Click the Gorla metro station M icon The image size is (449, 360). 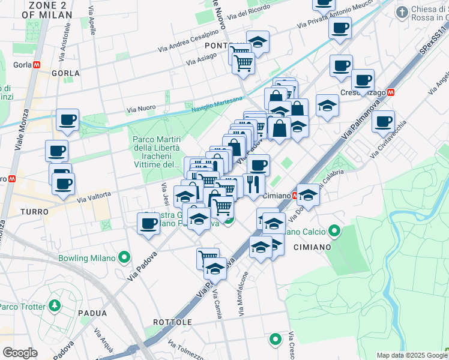37,64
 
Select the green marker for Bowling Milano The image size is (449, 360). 124,258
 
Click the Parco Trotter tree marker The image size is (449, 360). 55,305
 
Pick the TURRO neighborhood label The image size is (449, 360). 34,212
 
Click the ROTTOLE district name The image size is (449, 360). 172,322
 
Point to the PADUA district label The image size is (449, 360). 92,313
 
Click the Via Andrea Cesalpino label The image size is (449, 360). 188,40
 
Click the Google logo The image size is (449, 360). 19,353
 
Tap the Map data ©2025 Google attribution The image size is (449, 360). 412,355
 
